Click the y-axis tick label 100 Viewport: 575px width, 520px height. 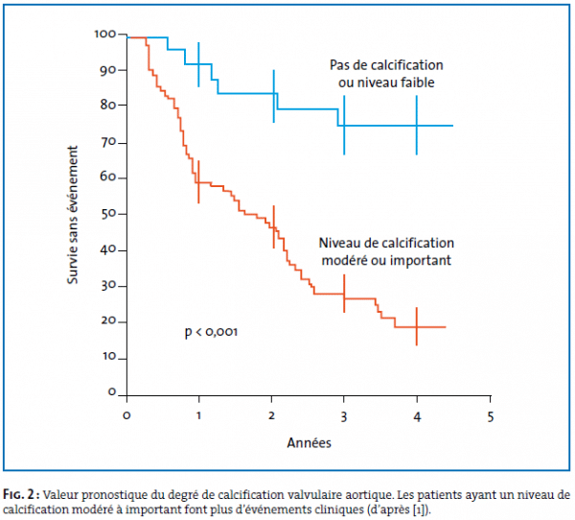point(105,35)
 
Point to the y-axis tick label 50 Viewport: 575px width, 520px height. point(109,213)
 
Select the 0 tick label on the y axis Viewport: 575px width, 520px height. point(112,393)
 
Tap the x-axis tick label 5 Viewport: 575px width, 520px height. point(490,415)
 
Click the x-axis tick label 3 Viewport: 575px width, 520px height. point(344,415)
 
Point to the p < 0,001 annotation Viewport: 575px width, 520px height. point(211,332)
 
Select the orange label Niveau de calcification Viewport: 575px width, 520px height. point(386,243)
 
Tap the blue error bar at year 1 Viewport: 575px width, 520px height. point(198,64)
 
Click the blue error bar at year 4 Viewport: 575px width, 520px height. point(417,126)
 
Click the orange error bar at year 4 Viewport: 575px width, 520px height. point(417,326)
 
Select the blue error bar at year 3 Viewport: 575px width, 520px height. point(344,125)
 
